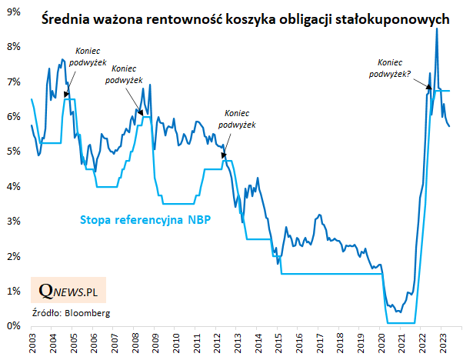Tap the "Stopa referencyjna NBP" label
click(x=145, y=220)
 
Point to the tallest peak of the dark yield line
click(x=437, y=29)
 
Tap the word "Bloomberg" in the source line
click(x=87, y=313)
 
